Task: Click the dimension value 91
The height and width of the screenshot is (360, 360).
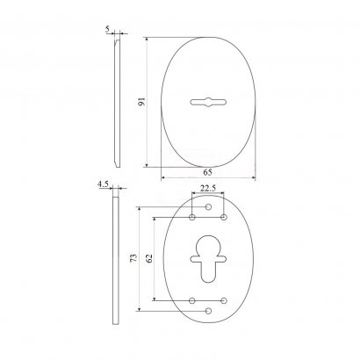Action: (x=141, y=102)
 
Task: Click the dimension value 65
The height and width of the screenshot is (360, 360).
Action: (x=207, y=172)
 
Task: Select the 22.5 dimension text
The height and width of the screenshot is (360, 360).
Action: (x=208, y=188)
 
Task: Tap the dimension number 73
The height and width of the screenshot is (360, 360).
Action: (x=133, y=257)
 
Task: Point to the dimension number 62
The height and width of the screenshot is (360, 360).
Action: (x=149, y=258)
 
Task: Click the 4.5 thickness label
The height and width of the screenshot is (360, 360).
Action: (x=103, y=184)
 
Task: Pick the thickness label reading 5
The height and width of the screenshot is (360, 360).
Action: (x=107, y=29)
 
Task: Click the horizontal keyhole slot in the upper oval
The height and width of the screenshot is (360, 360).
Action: (x=208, y=102)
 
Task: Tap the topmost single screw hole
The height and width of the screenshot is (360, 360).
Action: (x=208, y=207)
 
